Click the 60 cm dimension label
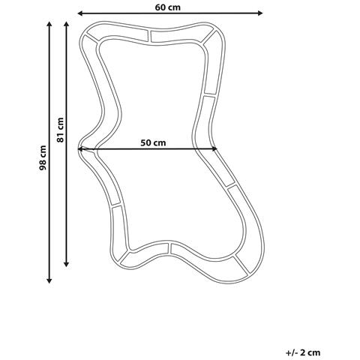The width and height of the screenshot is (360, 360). (x=167, y=7)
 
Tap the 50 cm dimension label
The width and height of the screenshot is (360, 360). (x=153, y=142)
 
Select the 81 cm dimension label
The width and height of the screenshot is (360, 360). (x=60, y=130)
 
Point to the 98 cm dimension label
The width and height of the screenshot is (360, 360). (x=43, y=157)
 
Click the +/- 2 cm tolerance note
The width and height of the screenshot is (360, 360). (x=303, y=352)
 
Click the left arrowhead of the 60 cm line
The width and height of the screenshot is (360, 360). (x=80, y=13)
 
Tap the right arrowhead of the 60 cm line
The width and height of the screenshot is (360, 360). (x=260, y=13)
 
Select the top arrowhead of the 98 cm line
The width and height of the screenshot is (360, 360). (x=49, y=24)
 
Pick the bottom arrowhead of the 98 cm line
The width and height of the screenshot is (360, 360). (x=49, y=280)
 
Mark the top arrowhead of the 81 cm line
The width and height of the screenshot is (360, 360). (x=66, y=24)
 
